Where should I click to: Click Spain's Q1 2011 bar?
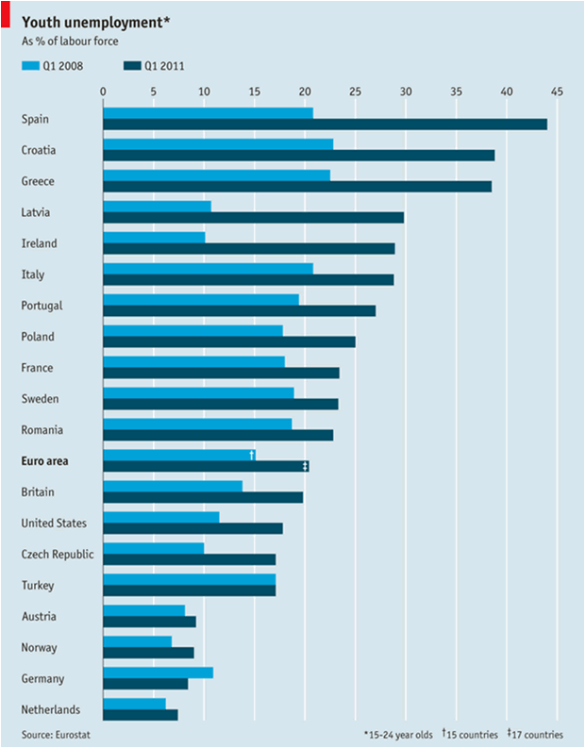[x=325, y=125]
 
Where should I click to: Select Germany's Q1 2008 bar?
[x=158, y=673]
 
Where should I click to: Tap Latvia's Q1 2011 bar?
[x=253, y=218]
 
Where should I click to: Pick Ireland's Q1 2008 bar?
[x=154, y=237]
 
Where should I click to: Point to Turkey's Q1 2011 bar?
[x=189, y=590]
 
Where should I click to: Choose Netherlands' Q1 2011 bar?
[x=140, y=715]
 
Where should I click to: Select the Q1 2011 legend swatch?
[x=130, y=66]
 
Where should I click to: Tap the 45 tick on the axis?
[x=557, y=91]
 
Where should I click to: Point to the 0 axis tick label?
[x=103, y=91]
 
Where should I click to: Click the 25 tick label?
[x=355, y=91]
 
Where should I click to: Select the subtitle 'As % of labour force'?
[x=71, y=42]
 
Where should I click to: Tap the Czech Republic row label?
[x=57, y=554]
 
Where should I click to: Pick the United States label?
[x=54, y=523]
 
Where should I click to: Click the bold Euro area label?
[x=46, y=461]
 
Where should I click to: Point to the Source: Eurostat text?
[x=56, y=733]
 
